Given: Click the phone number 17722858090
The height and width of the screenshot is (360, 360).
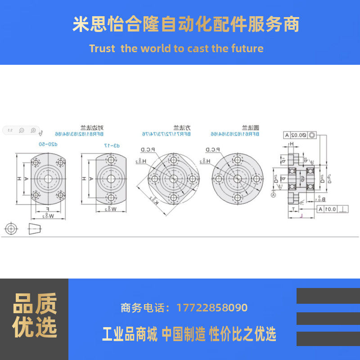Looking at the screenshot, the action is tap(212, 308).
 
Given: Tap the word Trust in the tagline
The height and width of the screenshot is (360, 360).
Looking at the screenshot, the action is tap(102, 49).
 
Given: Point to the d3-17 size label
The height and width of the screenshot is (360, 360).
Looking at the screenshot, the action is tap(110, 145).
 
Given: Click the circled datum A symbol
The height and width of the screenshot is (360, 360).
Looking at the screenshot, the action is tap(273, 194).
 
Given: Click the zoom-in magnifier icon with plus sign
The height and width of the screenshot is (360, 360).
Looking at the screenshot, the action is tap(33, 130).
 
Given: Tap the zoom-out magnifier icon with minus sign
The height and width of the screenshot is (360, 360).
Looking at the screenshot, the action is tap(21, 130).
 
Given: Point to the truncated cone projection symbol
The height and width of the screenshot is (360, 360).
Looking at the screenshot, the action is tap(34, 229).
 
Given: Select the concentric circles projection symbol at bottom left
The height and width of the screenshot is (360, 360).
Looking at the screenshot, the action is tap(11, 229).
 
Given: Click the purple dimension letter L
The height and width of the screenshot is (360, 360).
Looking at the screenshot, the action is tap(301, 216).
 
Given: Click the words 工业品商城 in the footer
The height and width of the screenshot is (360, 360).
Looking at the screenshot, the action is tap(130, 334).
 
